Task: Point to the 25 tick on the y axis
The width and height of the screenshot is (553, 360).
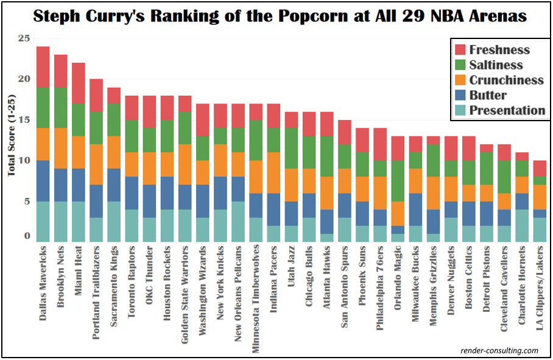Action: pyautogui.click(x=23, y=38)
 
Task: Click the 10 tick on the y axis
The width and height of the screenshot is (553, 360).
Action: pyautogui.click(x=23, y=160)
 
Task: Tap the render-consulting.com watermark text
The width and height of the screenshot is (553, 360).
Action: pyautogui.click(x=499, y=350)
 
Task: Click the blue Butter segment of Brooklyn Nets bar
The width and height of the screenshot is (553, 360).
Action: pyautogui.click(x=61, y=185)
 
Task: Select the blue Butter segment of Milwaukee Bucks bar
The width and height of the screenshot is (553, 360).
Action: pyautogui.click(x=415, y=210)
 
